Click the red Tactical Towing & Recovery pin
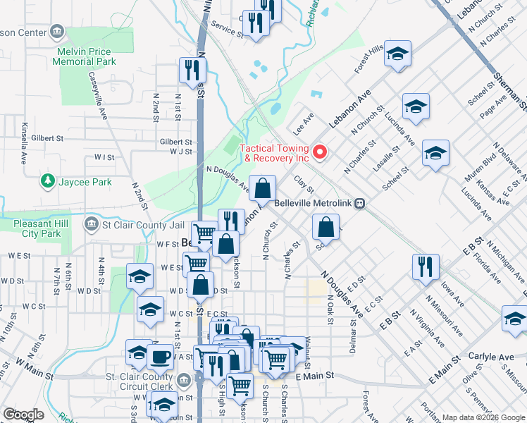click(x=319, y=152)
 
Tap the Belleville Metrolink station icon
click(x=360, y=203)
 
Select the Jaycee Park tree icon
click(x=48, y=182)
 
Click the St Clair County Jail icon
click(x=91, y=226)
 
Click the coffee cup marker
click(x=161, y=357)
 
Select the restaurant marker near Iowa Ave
click(x=426, y=266)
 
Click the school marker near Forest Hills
click(x=397, y=54)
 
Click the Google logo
click(x=23, y=415)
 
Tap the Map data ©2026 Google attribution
click(x=483, y=417)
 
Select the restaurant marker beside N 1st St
click(x=192, y=70)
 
